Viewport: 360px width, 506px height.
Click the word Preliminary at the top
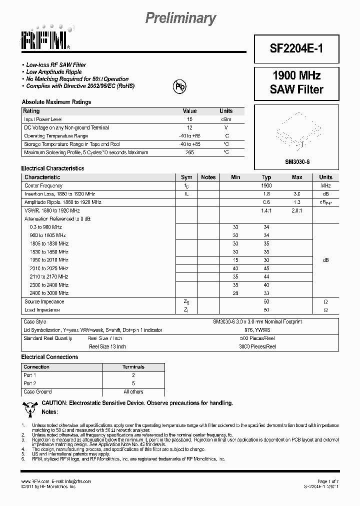coord(180,18)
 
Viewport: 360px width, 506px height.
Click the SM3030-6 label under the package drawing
coord(296,161)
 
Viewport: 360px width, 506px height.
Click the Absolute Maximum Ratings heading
coord(56,102)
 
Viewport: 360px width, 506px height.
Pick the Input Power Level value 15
coord(189,119)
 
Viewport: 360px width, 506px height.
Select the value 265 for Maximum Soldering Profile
coord(189,152)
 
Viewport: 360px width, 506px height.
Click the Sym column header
coord(186,177)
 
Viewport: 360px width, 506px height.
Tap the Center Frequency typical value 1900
coord(266,185)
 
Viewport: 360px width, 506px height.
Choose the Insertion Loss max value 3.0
coord(296,193)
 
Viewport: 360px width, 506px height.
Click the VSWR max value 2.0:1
coord(296,211)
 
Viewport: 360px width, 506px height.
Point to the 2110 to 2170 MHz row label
coord(49,276)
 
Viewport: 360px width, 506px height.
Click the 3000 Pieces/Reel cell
coord(257,346)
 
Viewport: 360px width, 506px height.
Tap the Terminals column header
coord(133,367)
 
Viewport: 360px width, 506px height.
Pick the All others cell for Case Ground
coord(133,391)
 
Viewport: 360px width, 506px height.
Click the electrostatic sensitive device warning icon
coord(30,407)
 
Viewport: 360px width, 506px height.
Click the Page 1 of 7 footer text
coord(327,481)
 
